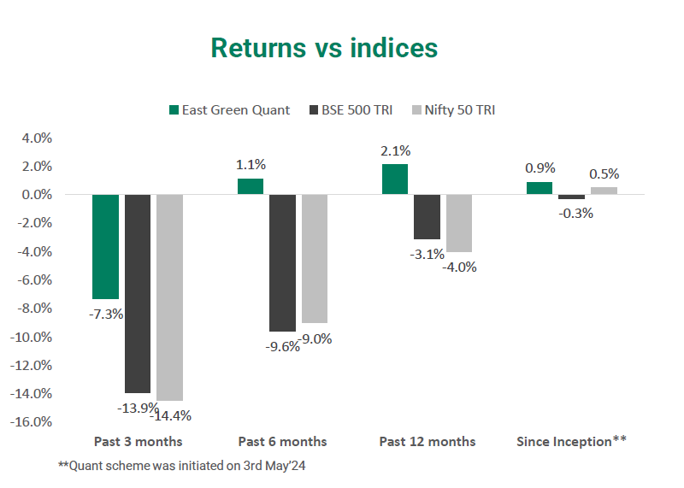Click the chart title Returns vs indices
pyautogui.click(x=324, y=48)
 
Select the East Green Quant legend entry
pyautogui.click(x=229, y=109)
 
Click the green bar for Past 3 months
pyautogui.click(x=105, y=246)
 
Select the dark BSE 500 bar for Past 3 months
pyautogui.click(x=138, y=293)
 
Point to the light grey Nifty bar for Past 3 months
pyautogui.click(x=169, y=297)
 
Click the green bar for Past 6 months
pyautogui.click(x=250, y=186)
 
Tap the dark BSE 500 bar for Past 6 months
pyautogui.click(x=282, y=262)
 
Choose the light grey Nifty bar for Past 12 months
pyautogui.click(x=459, y=223)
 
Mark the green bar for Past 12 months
pyautogui.click(x=394, y=179)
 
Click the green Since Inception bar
pyautogui.click(x=539, y=188)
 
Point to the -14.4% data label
pyautogui.click(x=170, y=416)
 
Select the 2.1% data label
pyautogui.click(x=394, y=151)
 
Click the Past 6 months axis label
pyautogui.click(x=282, y=442)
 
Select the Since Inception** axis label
pyautogui.click(x=571, y=442)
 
